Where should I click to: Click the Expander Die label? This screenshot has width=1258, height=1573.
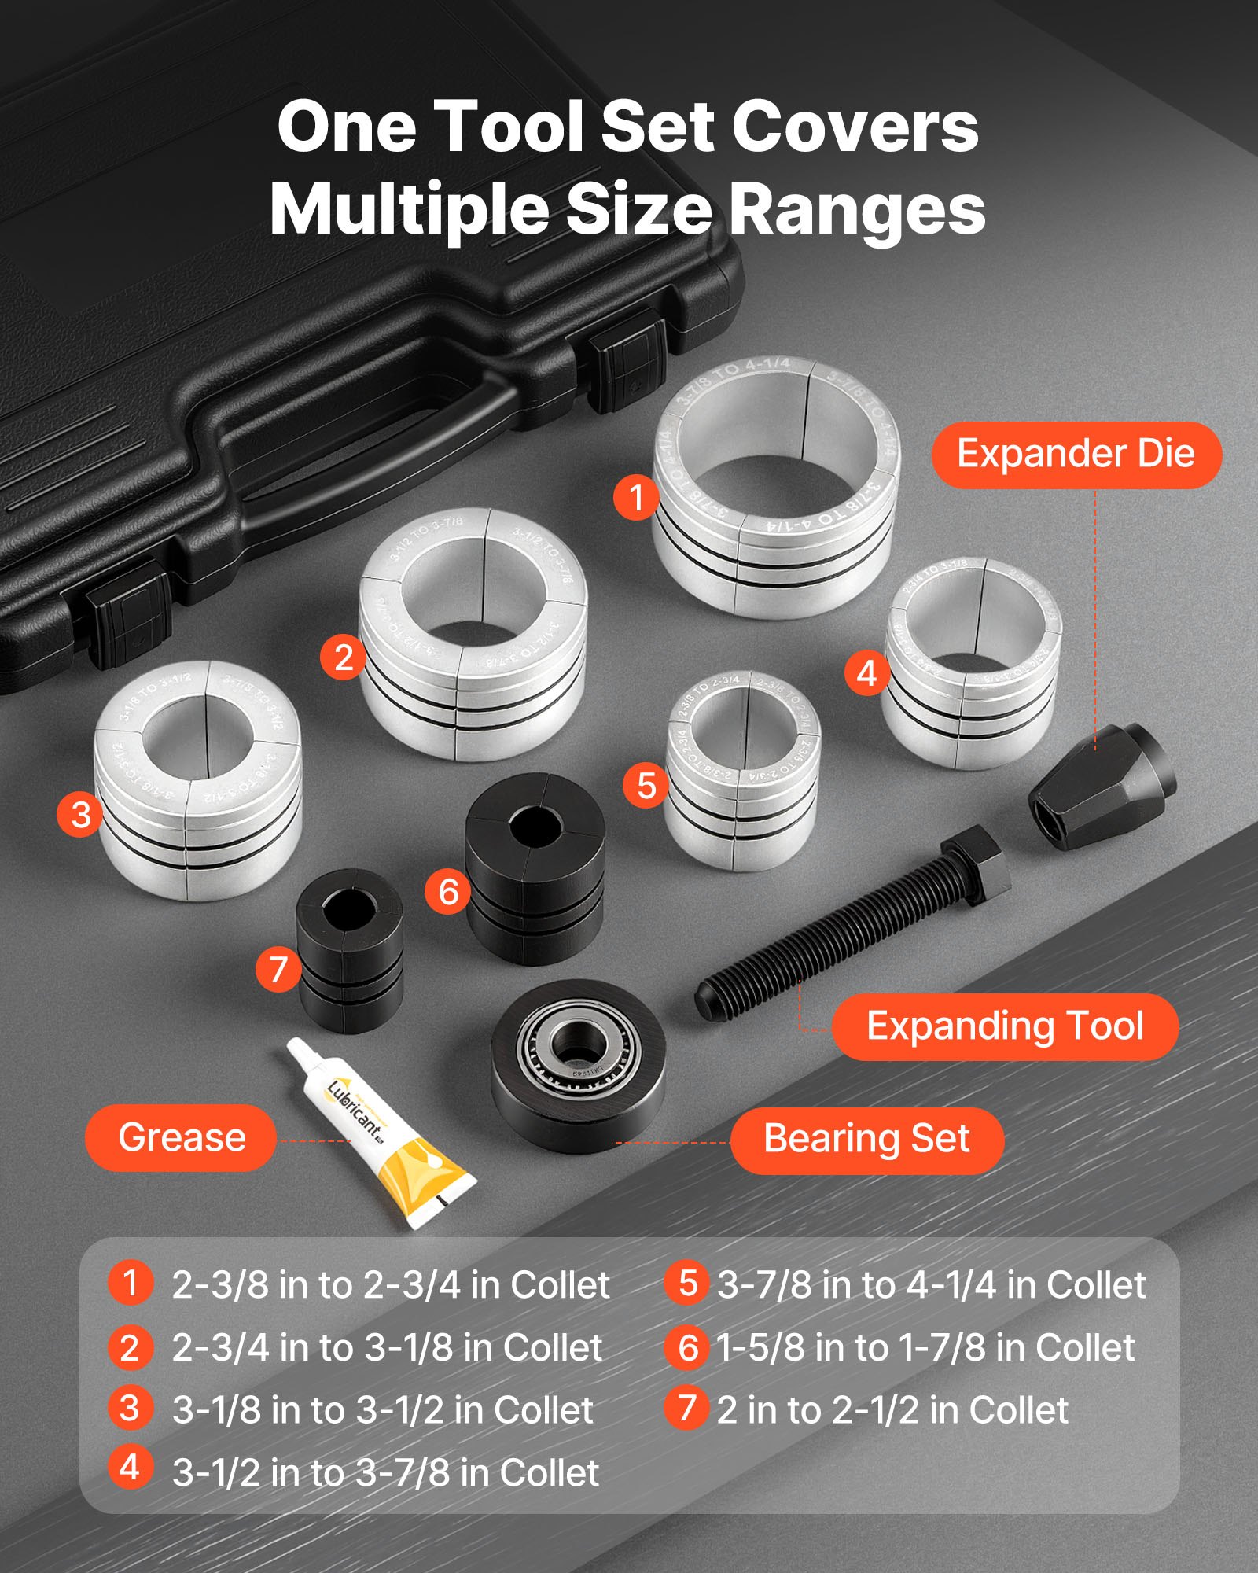(1076, 455)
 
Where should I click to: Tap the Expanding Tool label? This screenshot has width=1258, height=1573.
(1005, 1026)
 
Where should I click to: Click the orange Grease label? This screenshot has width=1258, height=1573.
(181, 1137)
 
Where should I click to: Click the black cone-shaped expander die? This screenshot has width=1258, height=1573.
(1101, 786)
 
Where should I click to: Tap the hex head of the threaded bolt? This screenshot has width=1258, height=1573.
(975, 865)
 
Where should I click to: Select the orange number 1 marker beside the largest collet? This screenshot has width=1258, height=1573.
(636, 497)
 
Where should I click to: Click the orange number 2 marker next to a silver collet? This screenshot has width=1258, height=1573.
(343, 658)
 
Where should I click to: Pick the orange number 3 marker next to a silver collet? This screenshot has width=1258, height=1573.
(79, 814)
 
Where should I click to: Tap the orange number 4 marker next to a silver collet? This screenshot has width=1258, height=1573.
(866, 673)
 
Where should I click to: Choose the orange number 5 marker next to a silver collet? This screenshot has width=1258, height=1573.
(646, 786)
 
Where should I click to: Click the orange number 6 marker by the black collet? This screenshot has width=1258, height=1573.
(447, 892)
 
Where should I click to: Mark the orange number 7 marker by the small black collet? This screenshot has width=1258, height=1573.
(278, 969)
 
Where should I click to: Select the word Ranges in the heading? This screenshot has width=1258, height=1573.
(857, 211)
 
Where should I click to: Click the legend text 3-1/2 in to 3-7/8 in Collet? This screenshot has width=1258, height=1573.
(385, 1473)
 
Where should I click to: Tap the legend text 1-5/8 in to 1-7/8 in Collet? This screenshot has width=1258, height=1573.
(925, 1348)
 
